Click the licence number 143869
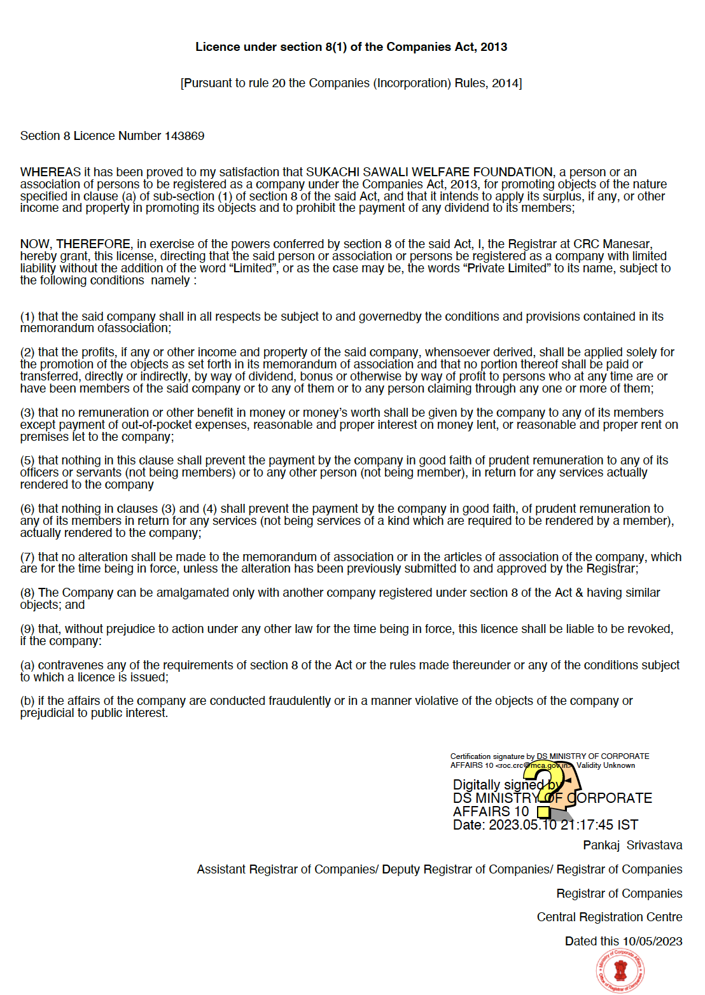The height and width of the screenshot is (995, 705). click(x=185, y=136)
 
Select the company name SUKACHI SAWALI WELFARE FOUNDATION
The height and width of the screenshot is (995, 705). click(x=429, y=172)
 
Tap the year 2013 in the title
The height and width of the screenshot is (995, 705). click(x=494, y=47)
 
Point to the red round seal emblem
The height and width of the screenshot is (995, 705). click(x=620, y=971)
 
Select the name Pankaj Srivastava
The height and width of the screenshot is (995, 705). click(x=632, y=845)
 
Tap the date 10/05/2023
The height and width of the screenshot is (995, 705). click(x=652, y=942)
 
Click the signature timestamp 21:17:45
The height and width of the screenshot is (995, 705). click(x=587, y=825)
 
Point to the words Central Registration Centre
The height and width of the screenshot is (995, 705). click(x=609, y=917)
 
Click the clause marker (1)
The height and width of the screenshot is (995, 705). click(x=27, y=317)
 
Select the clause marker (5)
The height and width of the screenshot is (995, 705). click(x=27, y=461)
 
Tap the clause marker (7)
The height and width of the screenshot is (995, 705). click(x=27, y=557)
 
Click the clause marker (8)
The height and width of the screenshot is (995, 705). click(x=27, y=593)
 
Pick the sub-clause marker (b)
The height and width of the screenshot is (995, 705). click(x=27, y=701)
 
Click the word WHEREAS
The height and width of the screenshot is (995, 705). click(x=50, y=172)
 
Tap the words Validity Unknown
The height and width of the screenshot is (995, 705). click(x=606, y=765)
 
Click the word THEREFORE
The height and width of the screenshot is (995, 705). click(x=94, y=244)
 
